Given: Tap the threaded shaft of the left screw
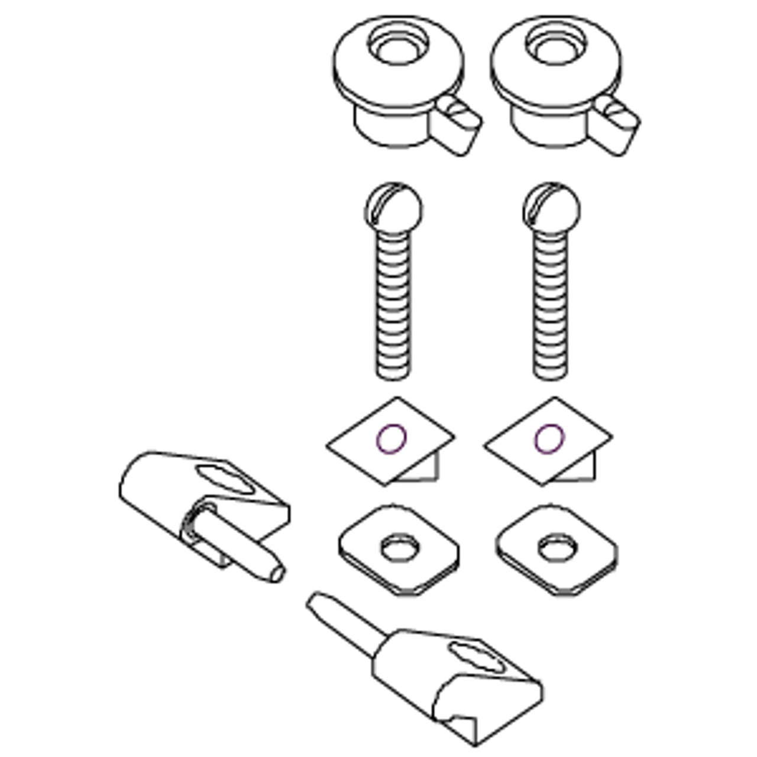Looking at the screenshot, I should coord(393,302).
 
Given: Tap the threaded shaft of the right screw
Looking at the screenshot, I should coord(551,302).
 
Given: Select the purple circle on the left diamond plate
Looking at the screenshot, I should coord(392,439).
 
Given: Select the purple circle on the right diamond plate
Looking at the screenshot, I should coord(549,439).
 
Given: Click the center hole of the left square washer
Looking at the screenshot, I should coord(398,548).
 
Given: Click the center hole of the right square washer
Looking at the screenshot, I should coord(555,548).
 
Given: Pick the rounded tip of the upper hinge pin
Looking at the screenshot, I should coord(276,572).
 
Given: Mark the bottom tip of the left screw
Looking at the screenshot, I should coord(393,374).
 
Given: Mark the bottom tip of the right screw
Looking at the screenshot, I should coord(551,374).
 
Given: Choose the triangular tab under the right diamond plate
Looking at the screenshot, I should coord(584,468).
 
